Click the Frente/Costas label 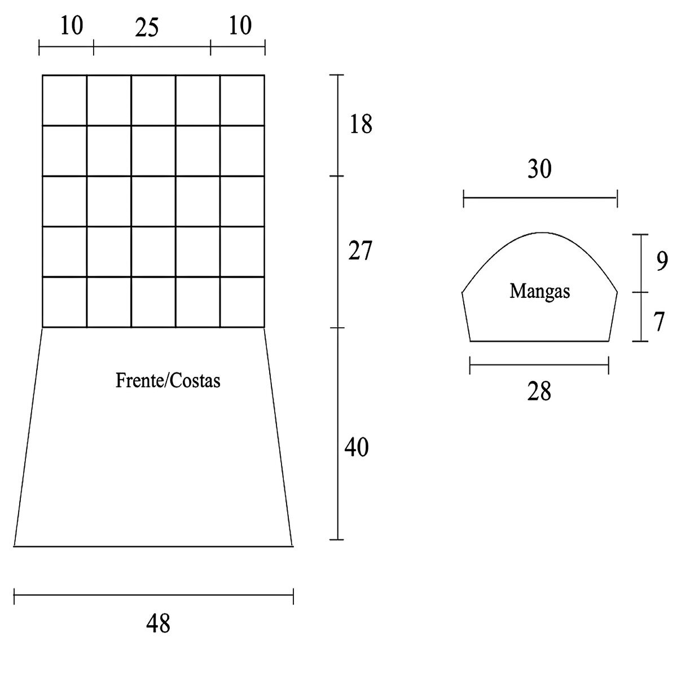coord(168,381)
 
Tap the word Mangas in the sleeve coord(539,291)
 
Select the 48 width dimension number coord(158,624)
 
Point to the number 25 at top coord(146,28)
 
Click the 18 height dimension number coord(361,124)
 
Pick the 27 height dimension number coord(360,251)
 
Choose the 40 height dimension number coord(357,448)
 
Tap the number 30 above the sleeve coord(539,169)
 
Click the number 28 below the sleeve coord(539,391)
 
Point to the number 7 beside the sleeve coord(659,322)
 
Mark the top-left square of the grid coord(64,100)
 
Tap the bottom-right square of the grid coord(242,302)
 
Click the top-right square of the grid coord(242,100)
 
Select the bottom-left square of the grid coord(64,302)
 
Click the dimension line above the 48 coord(153,594)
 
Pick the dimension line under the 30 coord(540,198)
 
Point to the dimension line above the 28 coord(539,364)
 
